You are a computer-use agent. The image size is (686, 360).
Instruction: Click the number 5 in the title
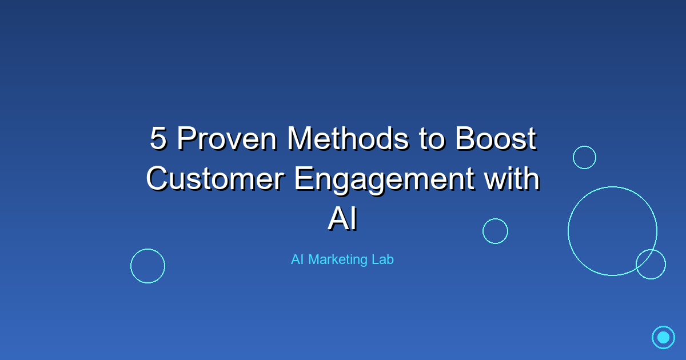[x=159, y=138]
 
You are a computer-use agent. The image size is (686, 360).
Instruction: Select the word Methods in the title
[x=348, y=138]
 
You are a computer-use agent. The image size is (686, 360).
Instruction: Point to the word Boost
[x=496, y=138]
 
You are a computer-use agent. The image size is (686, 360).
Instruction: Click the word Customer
[x=216, y=178]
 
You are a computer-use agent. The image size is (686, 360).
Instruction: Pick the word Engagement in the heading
[x=385, y=181]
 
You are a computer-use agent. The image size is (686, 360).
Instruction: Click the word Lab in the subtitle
[x=383, y=259]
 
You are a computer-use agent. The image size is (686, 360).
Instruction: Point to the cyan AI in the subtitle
[x=297, y=259]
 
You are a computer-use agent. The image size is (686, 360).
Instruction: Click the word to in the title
[x=432, y=139]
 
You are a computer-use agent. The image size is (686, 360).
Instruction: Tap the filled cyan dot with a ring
[x=663, y=337]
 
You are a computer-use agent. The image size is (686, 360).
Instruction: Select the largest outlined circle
[x=568, y=231]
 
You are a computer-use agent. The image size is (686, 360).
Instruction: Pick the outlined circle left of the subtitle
[x=131, y=266]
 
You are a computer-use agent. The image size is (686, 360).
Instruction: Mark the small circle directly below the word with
[x=483, y=231]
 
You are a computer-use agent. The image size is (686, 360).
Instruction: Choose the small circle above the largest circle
[x=573, y=157]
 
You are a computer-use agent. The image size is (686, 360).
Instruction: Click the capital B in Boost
[x=464, y=138]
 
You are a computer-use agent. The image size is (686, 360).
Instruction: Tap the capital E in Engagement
[x=303, y=178]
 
